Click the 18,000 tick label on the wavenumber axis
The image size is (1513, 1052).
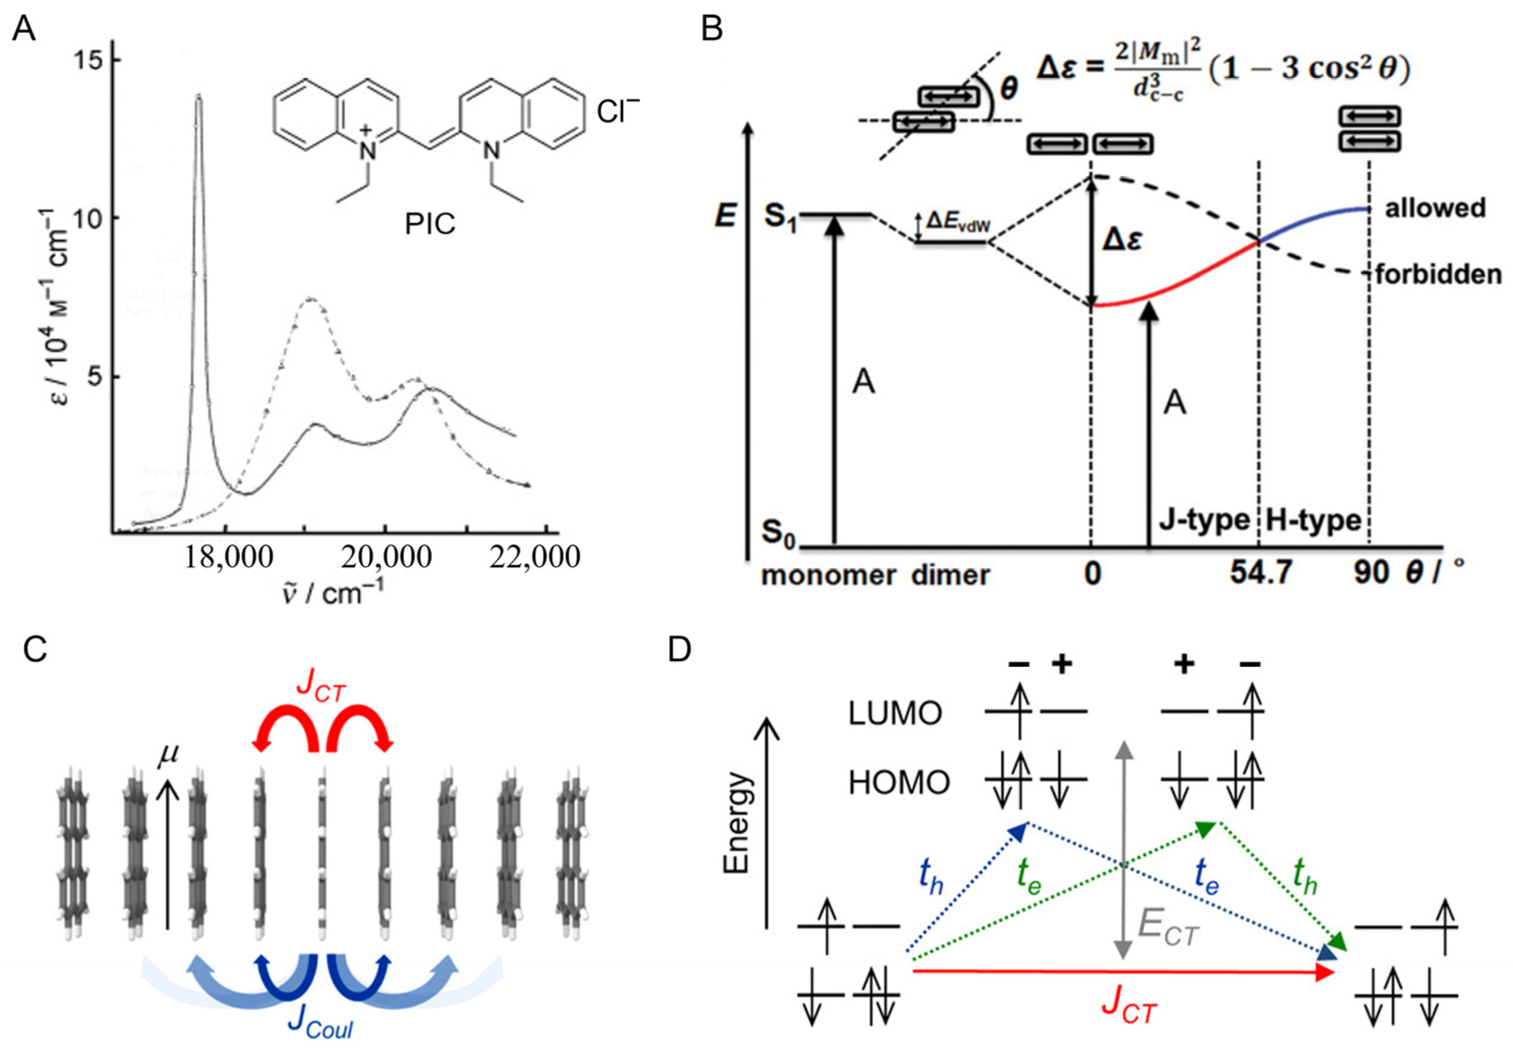pyautogui.click(x=228, y=557)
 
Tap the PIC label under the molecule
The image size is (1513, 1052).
pyautogui.click(x=429, y=225)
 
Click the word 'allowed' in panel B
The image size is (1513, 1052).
pyautogui.click(x=1435, y=208)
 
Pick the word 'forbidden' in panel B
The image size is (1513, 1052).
pyautogui.click(x=1438, y=274)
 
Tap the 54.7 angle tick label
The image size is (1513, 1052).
pyautogui.click(x=1260, y=573)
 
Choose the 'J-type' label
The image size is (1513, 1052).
pyautogui.click(x=1204, y=521)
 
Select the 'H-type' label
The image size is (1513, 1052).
pyautogui.click(x=1313, y=521)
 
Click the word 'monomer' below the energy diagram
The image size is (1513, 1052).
pyautogui.click(x=828, y=575)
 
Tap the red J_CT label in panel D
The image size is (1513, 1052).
pyautogui.click(x=1129, y=1008)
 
